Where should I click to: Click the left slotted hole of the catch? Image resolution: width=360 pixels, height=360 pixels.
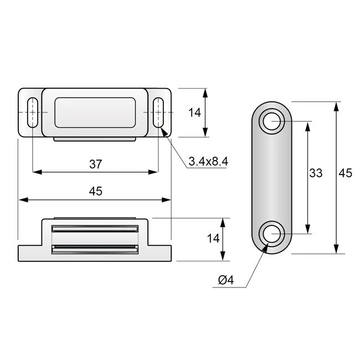(33, 112)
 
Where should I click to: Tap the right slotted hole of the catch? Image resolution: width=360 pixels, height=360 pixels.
(159, 112)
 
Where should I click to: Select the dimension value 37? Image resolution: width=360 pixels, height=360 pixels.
(95, 163)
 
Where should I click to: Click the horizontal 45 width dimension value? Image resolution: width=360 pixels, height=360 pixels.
(95, 191)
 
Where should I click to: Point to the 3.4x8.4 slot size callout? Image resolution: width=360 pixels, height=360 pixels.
(208, 161)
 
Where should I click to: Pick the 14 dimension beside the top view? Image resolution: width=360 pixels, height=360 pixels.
(194, 112)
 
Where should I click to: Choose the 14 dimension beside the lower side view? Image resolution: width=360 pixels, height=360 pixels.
(213, 239)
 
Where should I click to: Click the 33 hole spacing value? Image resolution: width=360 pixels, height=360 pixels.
(316, 173)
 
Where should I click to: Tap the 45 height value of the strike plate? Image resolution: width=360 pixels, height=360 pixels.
(345, 173)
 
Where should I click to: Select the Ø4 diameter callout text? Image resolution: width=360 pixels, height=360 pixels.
(226, 281)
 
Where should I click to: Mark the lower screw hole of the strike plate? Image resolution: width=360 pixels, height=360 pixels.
(271, 234)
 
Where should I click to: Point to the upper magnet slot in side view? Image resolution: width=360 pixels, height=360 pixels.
(95, 228)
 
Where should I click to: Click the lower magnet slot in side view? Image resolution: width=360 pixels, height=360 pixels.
(95, 249)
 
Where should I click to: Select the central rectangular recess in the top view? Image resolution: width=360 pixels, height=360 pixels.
(95, 112)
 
